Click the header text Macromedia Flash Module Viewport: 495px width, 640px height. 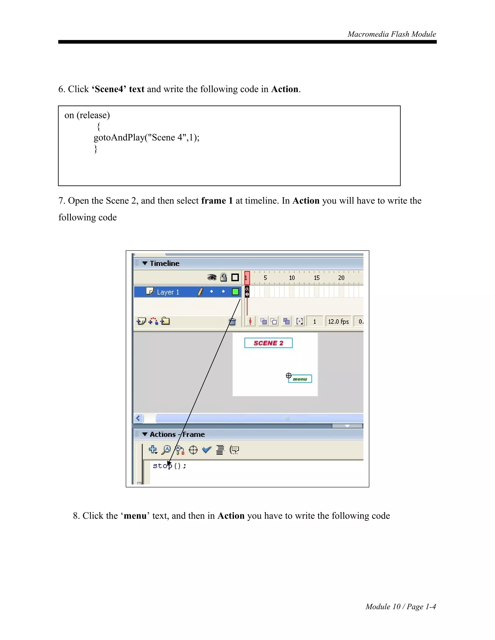tap(392, 34)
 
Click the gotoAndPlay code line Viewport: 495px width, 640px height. tap(146, 137)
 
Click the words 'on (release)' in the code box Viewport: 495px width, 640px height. tap(87, 115)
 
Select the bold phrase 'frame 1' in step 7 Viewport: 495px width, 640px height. tap(217, 201)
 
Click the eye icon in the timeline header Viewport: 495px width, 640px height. tap(212, 277)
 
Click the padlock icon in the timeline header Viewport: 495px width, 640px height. tap(224, 277)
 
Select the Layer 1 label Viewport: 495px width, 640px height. tap(168, 292)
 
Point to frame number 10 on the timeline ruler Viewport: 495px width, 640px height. tap(292, 278)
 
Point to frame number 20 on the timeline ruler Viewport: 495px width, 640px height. tap(341, 278)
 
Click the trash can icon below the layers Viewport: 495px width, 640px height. tap(232, 322)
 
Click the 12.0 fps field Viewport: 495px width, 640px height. tap(338, 322)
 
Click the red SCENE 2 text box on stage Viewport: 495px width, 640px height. tap(268, 343)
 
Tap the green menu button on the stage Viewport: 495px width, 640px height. tap(300, 379)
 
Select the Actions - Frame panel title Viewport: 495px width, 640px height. tap(177, 434)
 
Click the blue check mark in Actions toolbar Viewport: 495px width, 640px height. tap(207, 450)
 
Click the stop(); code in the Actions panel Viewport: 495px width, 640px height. tap(169, 466)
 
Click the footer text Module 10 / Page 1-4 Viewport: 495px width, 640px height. tap(400, 607)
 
